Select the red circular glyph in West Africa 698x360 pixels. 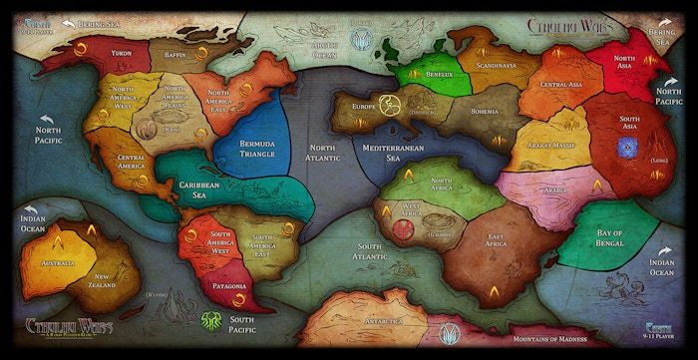tap(401, 228)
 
